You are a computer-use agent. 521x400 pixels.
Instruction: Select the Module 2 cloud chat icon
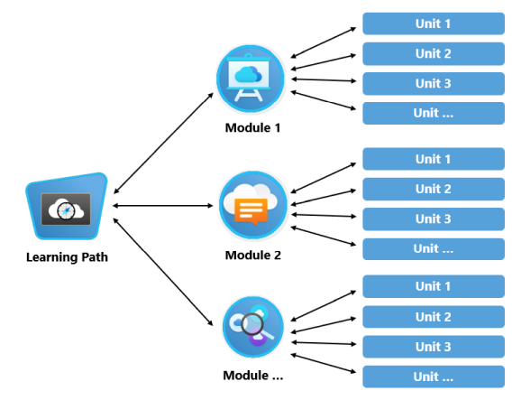point(253,206)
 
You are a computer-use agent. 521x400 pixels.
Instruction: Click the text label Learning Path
point(67,257)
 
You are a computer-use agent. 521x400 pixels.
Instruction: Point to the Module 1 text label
point(252,127)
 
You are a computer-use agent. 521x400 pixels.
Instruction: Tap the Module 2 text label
point(252,255)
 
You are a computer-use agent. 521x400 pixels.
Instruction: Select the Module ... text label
point(252,375)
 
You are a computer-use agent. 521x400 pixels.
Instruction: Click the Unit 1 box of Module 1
point(433,23)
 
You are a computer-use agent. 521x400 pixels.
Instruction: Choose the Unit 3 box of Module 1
point(433,84)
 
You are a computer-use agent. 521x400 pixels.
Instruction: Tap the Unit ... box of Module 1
point(433,114)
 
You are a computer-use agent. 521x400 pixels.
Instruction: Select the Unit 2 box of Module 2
point(433,190)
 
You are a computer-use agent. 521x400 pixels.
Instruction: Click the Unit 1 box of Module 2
point(433,160)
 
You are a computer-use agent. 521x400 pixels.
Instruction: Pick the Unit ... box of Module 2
point(433,249)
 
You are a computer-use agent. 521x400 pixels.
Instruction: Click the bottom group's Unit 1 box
point(433,287)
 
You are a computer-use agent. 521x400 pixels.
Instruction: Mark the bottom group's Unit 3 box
point(433,347)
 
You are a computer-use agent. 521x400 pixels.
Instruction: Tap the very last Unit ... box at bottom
point(433,377)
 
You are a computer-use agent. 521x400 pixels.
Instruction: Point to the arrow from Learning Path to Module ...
point(167,270)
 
